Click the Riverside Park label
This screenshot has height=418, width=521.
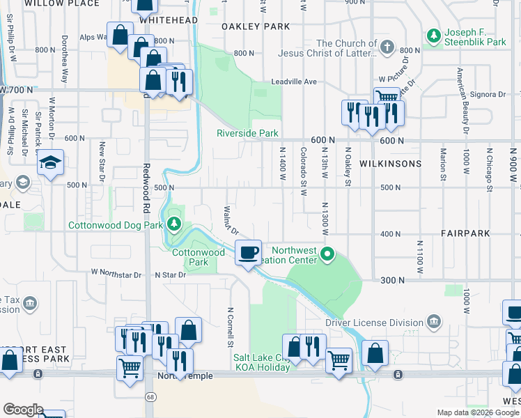247,133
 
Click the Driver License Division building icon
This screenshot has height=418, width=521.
433,321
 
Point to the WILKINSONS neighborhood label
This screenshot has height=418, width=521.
390,164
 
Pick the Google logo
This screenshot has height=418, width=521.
23,409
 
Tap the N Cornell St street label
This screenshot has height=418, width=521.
229,327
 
